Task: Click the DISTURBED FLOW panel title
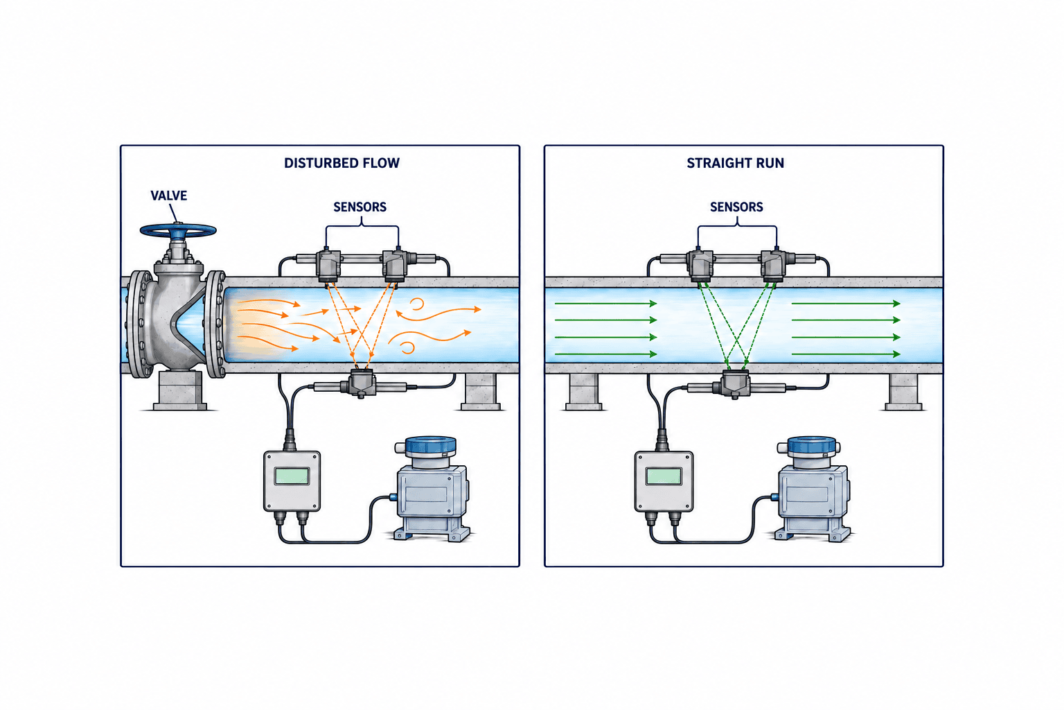(x=342, y=163)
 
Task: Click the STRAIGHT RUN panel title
(x=735, y=163)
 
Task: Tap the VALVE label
(x=168, y=196)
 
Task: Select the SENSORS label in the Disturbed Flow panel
(x=360, y=207)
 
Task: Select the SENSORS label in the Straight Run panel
(x=736, y=207)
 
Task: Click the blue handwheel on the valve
(x=178, y=231)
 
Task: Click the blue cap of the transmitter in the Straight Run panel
(x=812, y=446)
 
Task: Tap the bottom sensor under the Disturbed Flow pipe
(x=362, y=383)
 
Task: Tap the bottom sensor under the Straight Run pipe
(x=734, y=384)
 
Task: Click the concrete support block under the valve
(x=179, y=390)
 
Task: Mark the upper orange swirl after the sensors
(x=417, y=304)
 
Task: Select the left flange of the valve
(x=139, y=324)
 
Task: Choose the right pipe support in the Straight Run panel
(x=903, y=392)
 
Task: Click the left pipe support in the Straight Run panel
(x=584, y=392)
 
